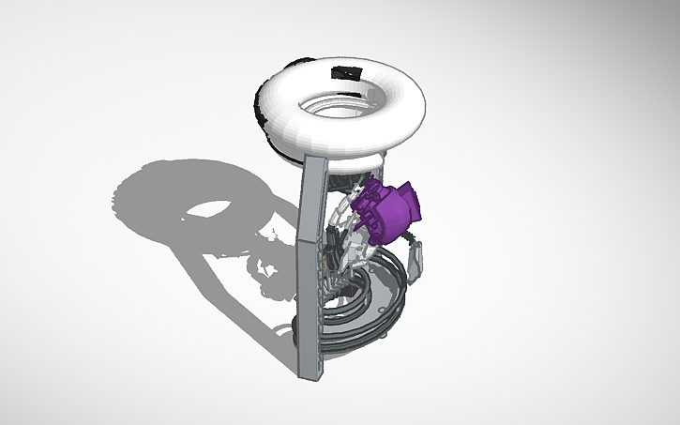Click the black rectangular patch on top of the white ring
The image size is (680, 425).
point(345,72)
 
